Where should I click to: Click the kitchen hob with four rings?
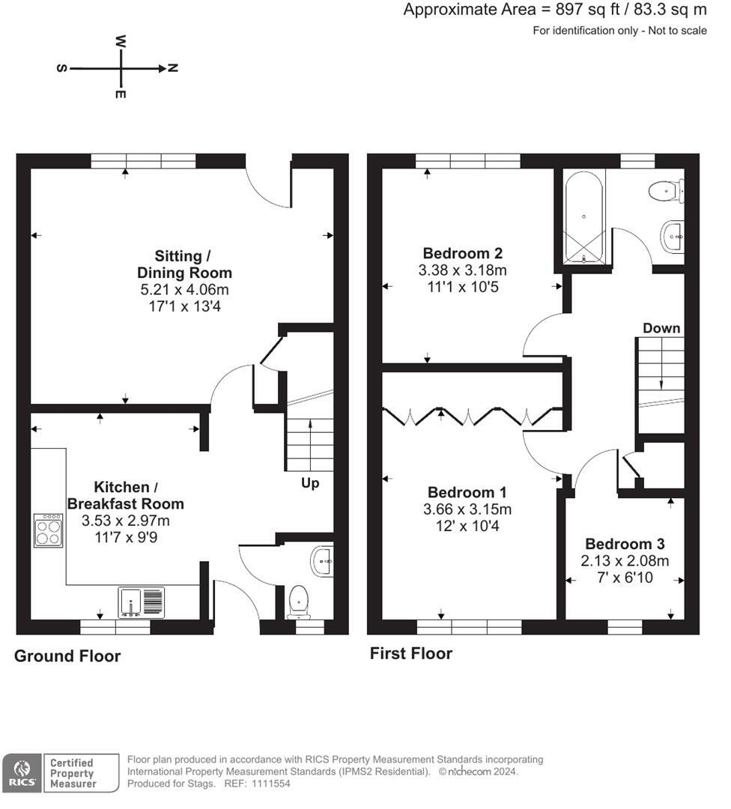(49, 530)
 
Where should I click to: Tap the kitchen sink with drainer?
(142, 602)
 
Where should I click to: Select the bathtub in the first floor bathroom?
(583, 217)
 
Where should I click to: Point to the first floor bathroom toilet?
(666, 191)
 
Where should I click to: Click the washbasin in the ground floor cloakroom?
(322, 561)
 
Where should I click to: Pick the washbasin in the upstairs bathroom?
(672, 237)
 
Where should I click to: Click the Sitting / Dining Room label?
(184, 264)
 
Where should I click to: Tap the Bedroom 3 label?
(625, 544)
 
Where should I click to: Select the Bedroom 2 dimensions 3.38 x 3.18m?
(462, 270)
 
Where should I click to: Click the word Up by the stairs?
(310, 483)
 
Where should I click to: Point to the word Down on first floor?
(661, 328)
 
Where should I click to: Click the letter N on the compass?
(173, 68)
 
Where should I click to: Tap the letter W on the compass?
(120, 40)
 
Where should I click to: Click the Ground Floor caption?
(67, 655)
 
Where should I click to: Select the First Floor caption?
(411, 654)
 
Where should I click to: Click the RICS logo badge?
(22, 773)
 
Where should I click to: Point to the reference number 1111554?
(271, 784)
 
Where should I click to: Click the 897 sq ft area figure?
(587, 10)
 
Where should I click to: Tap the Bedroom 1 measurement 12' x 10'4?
(467, 526)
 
